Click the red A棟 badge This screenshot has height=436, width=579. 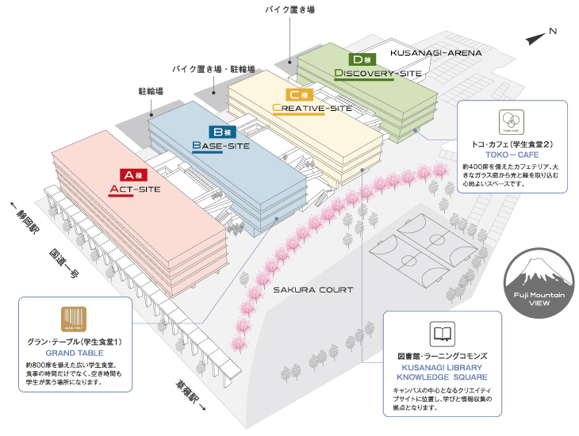pos(130,174)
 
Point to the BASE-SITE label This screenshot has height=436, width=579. pos(221,147)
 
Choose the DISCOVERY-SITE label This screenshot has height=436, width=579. pos(378,74)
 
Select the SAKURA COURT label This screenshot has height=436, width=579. pos(313,289)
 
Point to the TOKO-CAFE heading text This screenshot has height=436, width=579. pos(512,155)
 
